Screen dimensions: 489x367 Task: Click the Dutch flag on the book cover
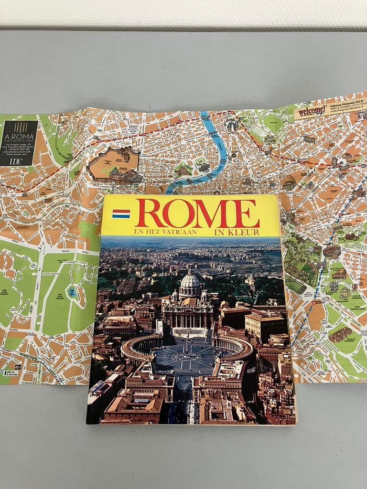(121, 213)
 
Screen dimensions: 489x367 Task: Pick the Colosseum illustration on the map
(332, 251)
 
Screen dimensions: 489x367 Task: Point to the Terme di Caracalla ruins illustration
(340, 334)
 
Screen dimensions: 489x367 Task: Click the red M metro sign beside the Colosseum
(314, 302)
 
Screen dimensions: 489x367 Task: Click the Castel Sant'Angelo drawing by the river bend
(183, 170)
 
